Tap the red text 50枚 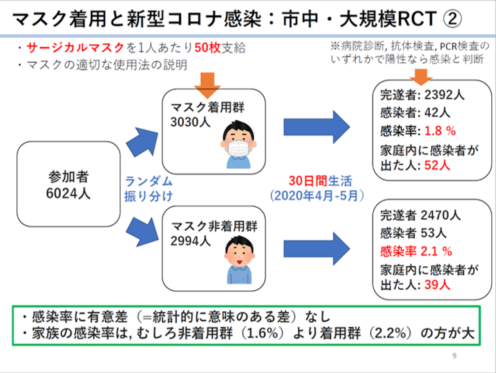[207, 48]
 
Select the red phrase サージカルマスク [75, 48]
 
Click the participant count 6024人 [68, 193]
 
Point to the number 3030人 [190, 122]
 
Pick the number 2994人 [191, 241]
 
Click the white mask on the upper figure [238, 148]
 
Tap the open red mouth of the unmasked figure [239, 262]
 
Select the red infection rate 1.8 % [440, 131]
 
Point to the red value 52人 [437, 165]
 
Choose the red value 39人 [437, 285]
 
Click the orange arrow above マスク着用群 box [207, 86]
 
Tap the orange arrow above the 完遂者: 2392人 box [421, 77]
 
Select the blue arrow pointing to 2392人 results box [317, 127]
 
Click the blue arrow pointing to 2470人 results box [317, 249]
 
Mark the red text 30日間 [308, 181]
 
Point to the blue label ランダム [149, 182]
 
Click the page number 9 [454, 356]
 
